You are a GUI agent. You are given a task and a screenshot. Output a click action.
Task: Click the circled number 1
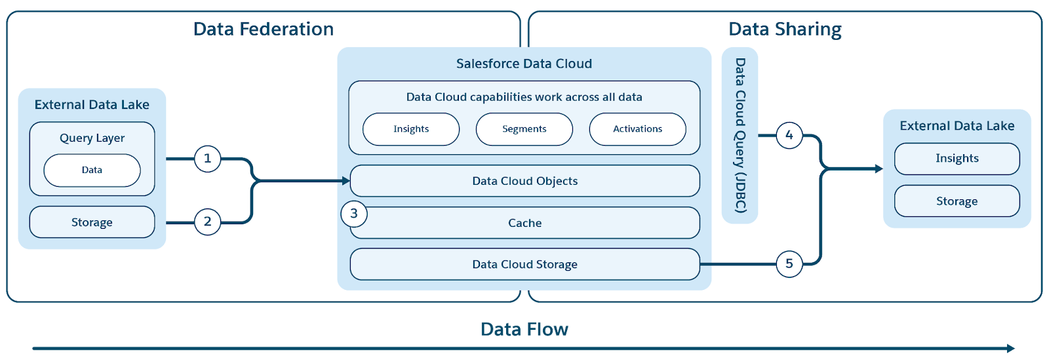(x=207, y=159)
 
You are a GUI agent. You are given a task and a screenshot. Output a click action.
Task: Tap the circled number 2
(x=207, y=222)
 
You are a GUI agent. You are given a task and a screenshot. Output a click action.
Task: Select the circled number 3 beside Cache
(x=354, y=214)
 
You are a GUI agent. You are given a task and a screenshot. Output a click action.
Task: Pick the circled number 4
(x=789, y=136)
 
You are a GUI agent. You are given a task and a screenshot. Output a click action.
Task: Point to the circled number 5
(x=789, y=264)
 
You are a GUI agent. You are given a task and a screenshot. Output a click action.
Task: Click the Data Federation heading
(x=264, y=30)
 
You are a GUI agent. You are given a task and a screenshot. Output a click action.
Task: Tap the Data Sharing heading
(x=785, y=30)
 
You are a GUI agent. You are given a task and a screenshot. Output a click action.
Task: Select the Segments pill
(x=524, y=129)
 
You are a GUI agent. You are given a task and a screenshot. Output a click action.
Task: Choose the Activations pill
(x=637, y=129)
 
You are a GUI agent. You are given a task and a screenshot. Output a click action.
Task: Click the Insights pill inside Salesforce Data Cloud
(x=411, y=129)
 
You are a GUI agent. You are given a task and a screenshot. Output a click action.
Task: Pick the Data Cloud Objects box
(x=525, y=181)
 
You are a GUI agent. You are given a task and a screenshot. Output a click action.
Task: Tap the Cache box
(x=525, y=223)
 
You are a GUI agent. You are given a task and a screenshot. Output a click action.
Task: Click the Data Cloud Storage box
(x=525, y=264)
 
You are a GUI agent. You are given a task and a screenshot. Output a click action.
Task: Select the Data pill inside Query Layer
(x=92, y=170)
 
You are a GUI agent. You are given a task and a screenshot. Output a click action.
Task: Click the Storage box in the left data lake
(x=92, y=222)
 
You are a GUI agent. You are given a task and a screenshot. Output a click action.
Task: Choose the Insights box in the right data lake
(x=957, y=159)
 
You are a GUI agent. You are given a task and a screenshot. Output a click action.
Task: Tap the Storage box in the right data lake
(x=957, y=201)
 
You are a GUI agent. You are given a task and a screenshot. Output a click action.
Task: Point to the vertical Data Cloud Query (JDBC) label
(x=740, y=135)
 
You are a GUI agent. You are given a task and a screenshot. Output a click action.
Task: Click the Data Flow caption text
(x=524, y=329)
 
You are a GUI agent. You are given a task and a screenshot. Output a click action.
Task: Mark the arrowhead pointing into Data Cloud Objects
(x=346, y=181)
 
